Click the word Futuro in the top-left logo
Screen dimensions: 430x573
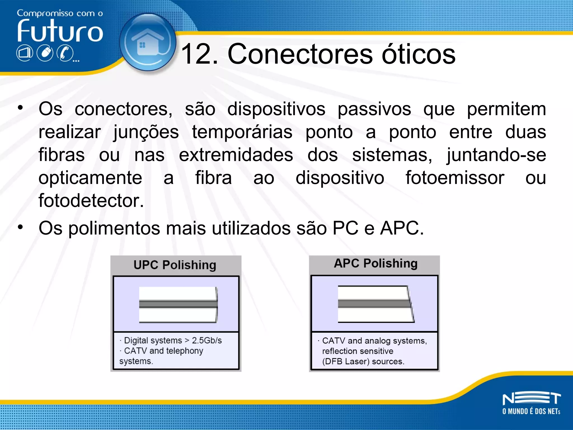click(x=60, y=31)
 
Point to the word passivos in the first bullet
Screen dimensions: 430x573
click(x=374, y=109)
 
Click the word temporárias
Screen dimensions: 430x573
click(x=242, y=132)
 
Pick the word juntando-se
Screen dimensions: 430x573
click(x=496, y=155)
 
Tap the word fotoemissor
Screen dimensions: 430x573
click(x=455, y=178)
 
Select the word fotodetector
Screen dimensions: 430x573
click(x=91, y=201)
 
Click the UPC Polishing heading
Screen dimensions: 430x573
click(x=175, y=265)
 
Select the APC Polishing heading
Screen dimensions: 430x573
click(x=375, y=263)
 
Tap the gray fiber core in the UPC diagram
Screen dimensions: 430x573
click(x=178, y=304)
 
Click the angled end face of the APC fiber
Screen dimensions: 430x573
click(x=411, y=304)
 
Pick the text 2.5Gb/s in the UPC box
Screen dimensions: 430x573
click(x=207, y=340)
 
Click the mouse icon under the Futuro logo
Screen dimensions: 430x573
click(x=45, y=53)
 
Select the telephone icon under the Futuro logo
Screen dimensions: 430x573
click(x=65, y=53)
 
